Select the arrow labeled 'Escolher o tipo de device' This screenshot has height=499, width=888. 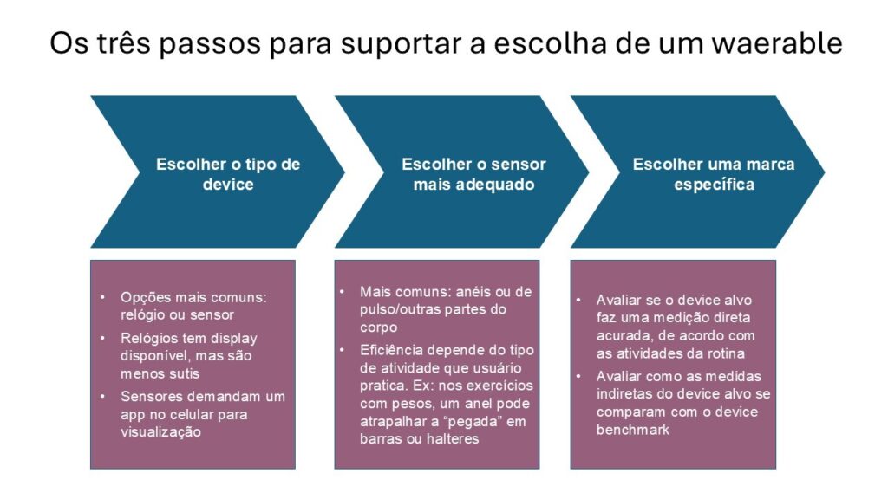(216, 173)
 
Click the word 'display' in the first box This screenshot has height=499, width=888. (232, 339)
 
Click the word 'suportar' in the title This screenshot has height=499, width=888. (398, 42)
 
